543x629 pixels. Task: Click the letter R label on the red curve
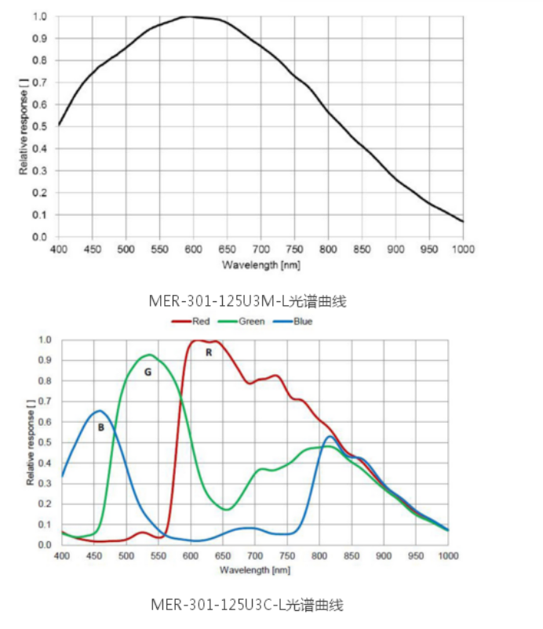click(x=209, y=353)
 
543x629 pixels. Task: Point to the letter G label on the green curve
click(x=147, y=373)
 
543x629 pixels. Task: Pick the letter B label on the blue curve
click(x=101, y=427)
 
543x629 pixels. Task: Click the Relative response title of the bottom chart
click(x=31, y=442)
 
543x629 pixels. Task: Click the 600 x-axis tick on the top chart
click(x=193, y=249)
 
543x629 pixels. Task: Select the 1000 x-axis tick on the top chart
click(x=462, y=249)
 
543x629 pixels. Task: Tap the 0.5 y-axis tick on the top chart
click(x=41, y=126)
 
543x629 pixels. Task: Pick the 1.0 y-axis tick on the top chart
click(x=41, y=16)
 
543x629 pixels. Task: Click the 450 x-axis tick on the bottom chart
click(x=93, y=556)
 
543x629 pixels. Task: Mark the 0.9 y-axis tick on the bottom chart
click(x=45, y=361)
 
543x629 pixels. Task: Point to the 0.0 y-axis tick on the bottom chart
click(x=45, y=544)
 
